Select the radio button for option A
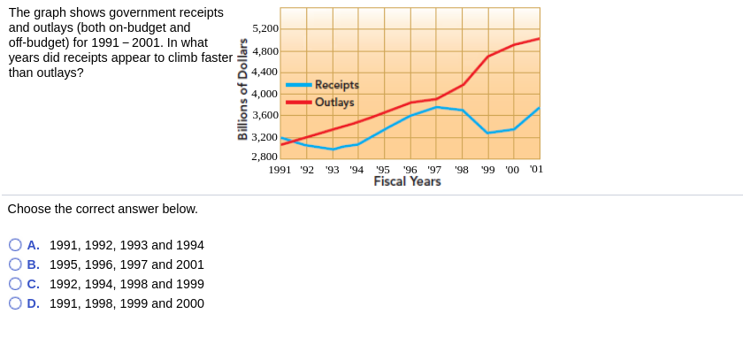[15, 245]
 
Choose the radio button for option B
[15, 264]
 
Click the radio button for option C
[15, 284]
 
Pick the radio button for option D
[15, 303]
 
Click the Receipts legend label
[336, 85]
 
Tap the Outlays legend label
[334, 102]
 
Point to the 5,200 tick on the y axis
[265, 29]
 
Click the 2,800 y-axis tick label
[265, 157]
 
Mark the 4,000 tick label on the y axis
[265, 94]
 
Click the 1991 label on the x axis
[280, 169]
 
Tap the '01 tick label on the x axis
[536, 169]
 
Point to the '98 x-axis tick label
[462, 169]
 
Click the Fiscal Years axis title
[407, 181]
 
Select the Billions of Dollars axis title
[241, 88]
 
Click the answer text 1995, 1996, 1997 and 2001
[126, 264]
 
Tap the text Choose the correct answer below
[103, 209]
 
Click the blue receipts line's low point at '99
[488, 133]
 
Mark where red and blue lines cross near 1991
[292, 141]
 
